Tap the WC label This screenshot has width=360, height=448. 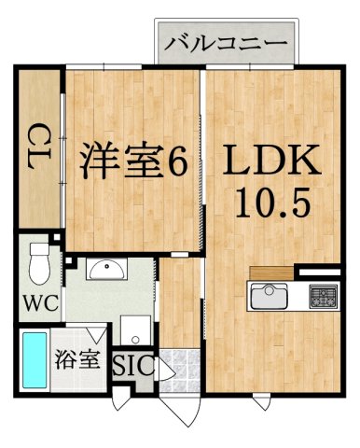click(x=39, y=304)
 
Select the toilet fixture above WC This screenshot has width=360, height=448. click(x=38, y=263)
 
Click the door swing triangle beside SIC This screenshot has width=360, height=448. click(x=164, y=371)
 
